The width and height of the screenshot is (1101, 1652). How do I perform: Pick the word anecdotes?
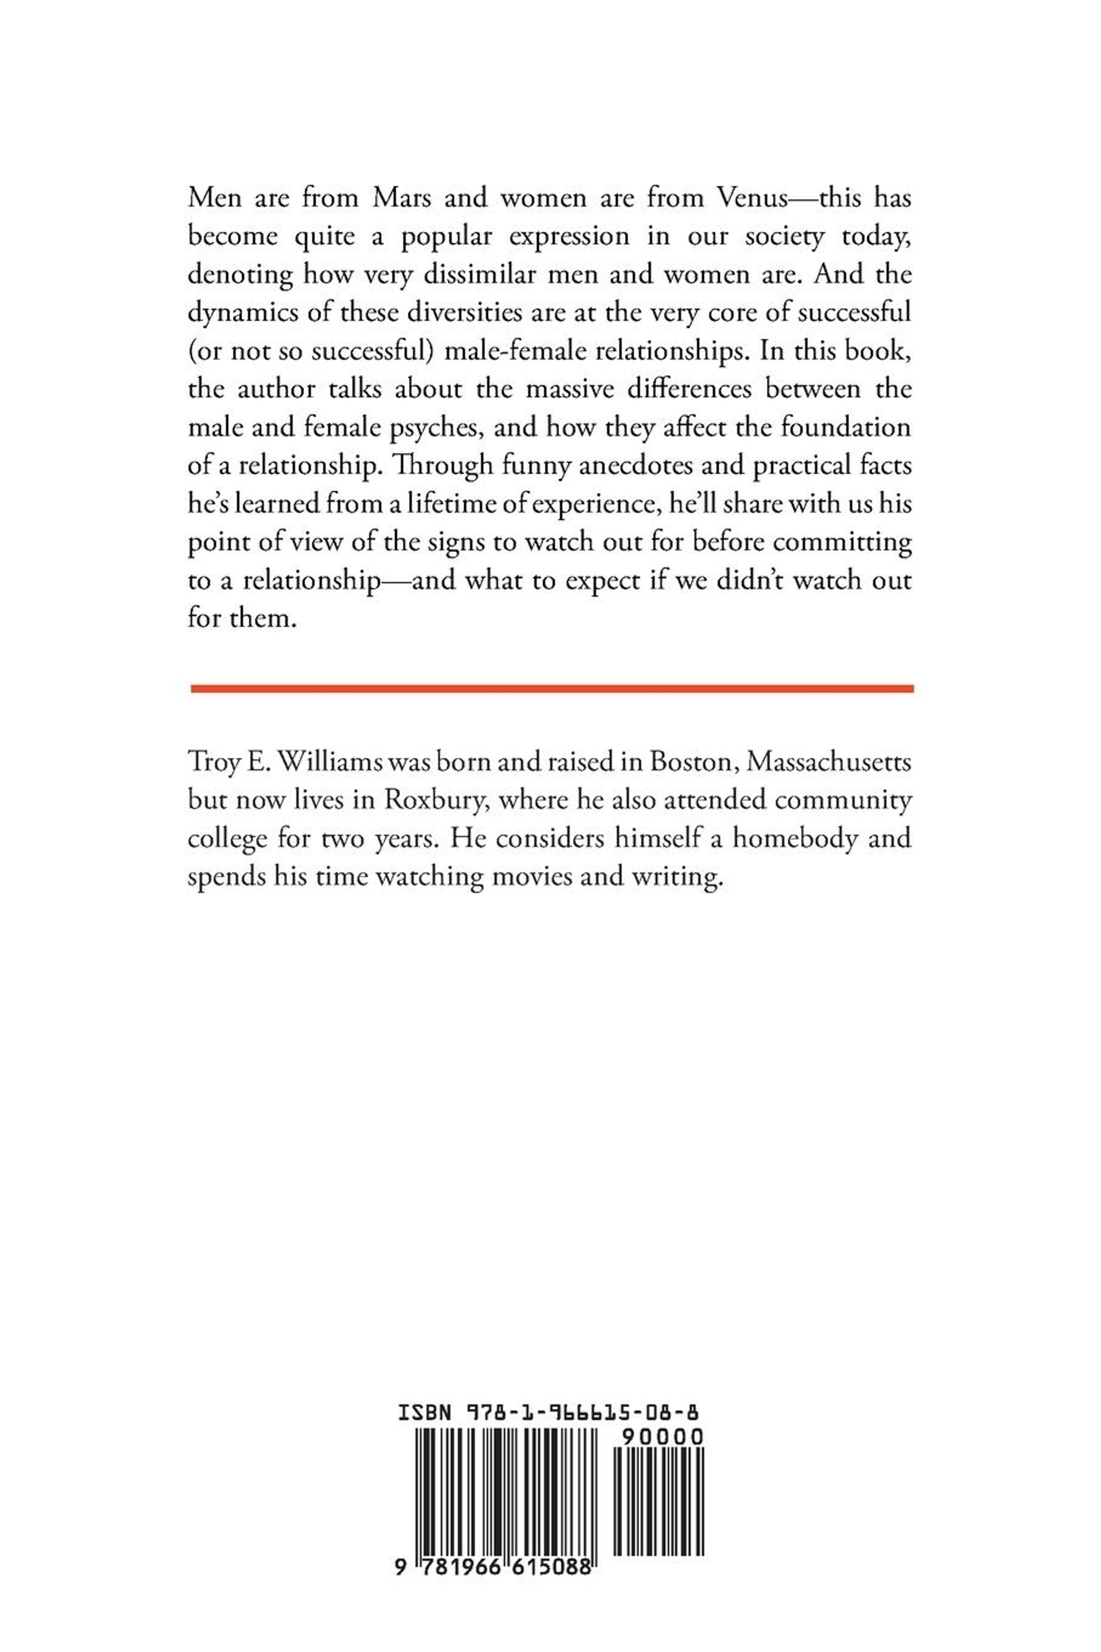(x=656, y=466)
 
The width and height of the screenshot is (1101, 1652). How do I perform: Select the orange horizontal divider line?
(x=551, y=689)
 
